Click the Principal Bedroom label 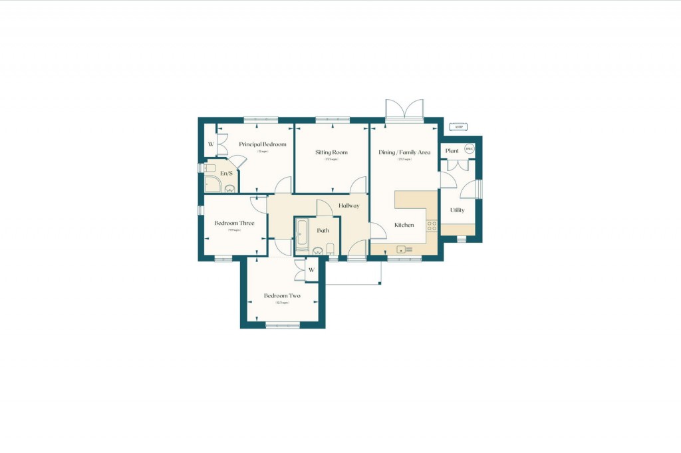(263, 144)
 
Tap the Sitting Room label (331, 152)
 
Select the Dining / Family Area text (404, 152)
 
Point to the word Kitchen (404, 225)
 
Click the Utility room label (457, 210)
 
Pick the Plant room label (452, 151)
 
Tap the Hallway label (348, 206)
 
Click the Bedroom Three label (234, 224)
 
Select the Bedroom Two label (282, 296)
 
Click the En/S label (226, 174)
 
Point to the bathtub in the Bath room (301, 235)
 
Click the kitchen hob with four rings (431, 226)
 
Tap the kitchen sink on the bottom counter (401, 249)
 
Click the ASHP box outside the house (458, 126)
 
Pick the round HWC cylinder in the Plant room (470, 150)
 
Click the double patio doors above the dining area (404, 110)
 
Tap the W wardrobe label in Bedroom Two (311, 269)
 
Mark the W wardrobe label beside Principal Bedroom (211, 144)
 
